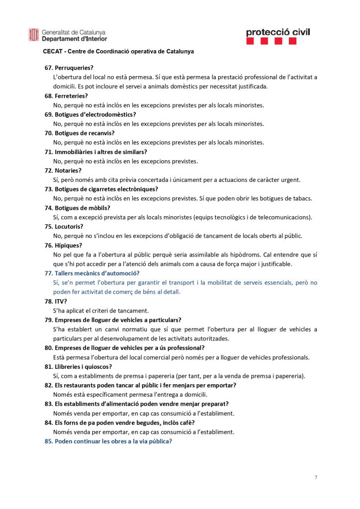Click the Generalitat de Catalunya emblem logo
[33, 35]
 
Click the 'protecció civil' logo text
[277, 32]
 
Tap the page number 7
[315, 477]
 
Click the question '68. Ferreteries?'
[66, 95]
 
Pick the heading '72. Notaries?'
[63, 170]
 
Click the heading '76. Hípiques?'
[64, 245]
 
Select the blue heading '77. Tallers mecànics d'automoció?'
[92, 273]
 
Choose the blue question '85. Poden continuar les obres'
[108, 441]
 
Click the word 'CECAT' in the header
[52, 51]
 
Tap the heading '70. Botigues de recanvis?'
[80, 133]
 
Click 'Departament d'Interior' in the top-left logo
[74, 39]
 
